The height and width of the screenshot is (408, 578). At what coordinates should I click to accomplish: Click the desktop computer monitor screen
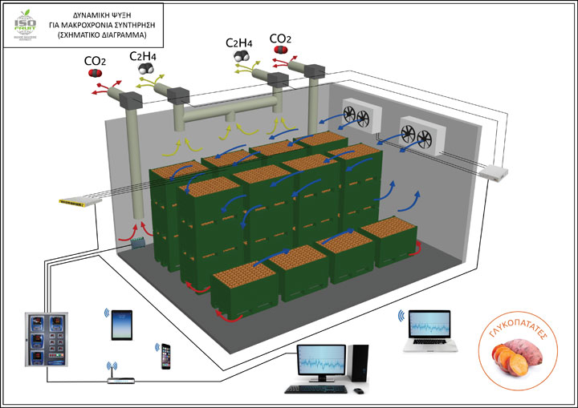pos(320,361)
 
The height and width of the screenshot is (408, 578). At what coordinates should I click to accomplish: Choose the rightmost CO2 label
pos(280,38)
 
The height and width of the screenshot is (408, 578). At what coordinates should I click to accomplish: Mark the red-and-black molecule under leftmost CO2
pos(94,74)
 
